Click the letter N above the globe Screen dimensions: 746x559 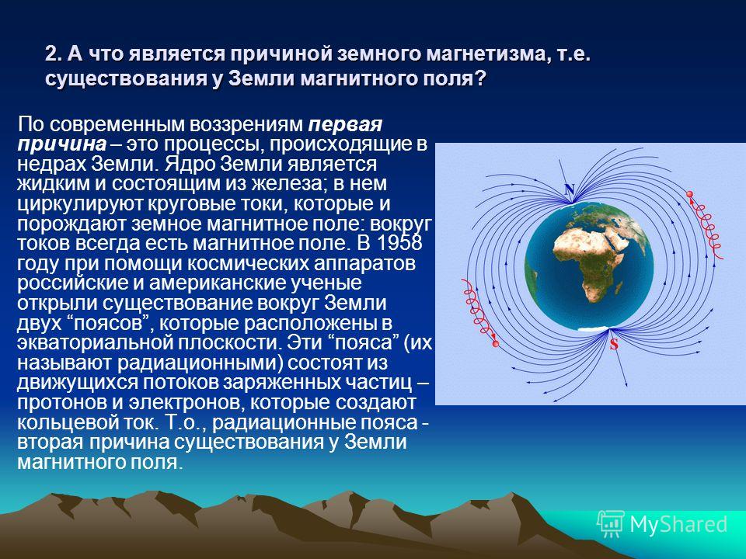tap(570, 189)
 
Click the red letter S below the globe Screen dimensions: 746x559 tap(614, 344)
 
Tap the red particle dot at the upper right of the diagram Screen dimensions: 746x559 tap(689, 194)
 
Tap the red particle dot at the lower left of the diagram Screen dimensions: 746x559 tap(495, 343)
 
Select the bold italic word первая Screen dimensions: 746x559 tap(345, 124)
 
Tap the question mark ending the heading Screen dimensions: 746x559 tap(480, 78)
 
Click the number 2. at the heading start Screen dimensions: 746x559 tap(54, 54)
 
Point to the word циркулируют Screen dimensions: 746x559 tap(79, 203)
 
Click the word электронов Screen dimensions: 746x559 tap(186, 402)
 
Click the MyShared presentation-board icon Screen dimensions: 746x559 tap(611, 524)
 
